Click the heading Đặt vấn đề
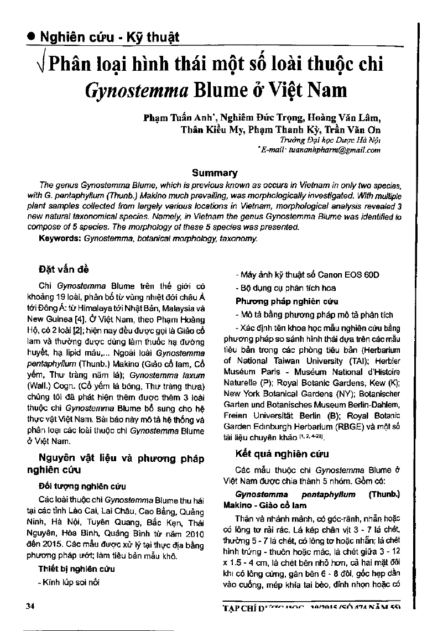(x=61, y=269)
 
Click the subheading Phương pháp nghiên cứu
(x=279, y=301)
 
